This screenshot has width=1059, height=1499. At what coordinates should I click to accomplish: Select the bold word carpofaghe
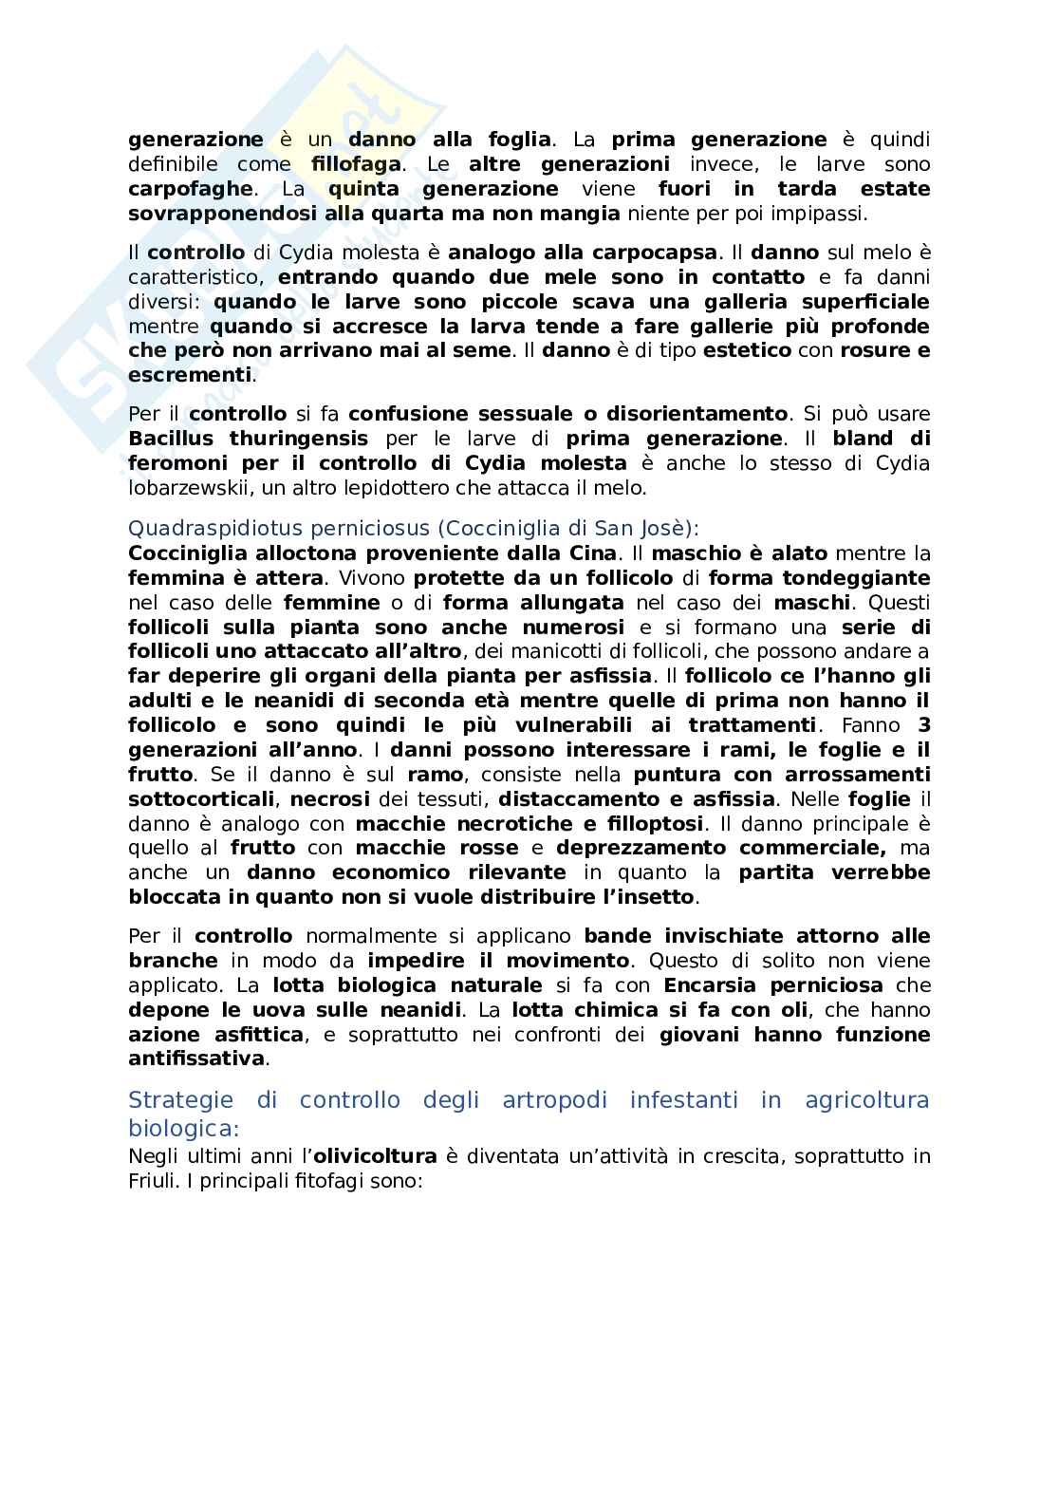190,189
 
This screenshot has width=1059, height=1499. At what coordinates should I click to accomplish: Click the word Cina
591,553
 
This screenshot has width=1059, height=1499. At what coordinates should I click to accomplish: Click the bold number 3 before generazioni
923,725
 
